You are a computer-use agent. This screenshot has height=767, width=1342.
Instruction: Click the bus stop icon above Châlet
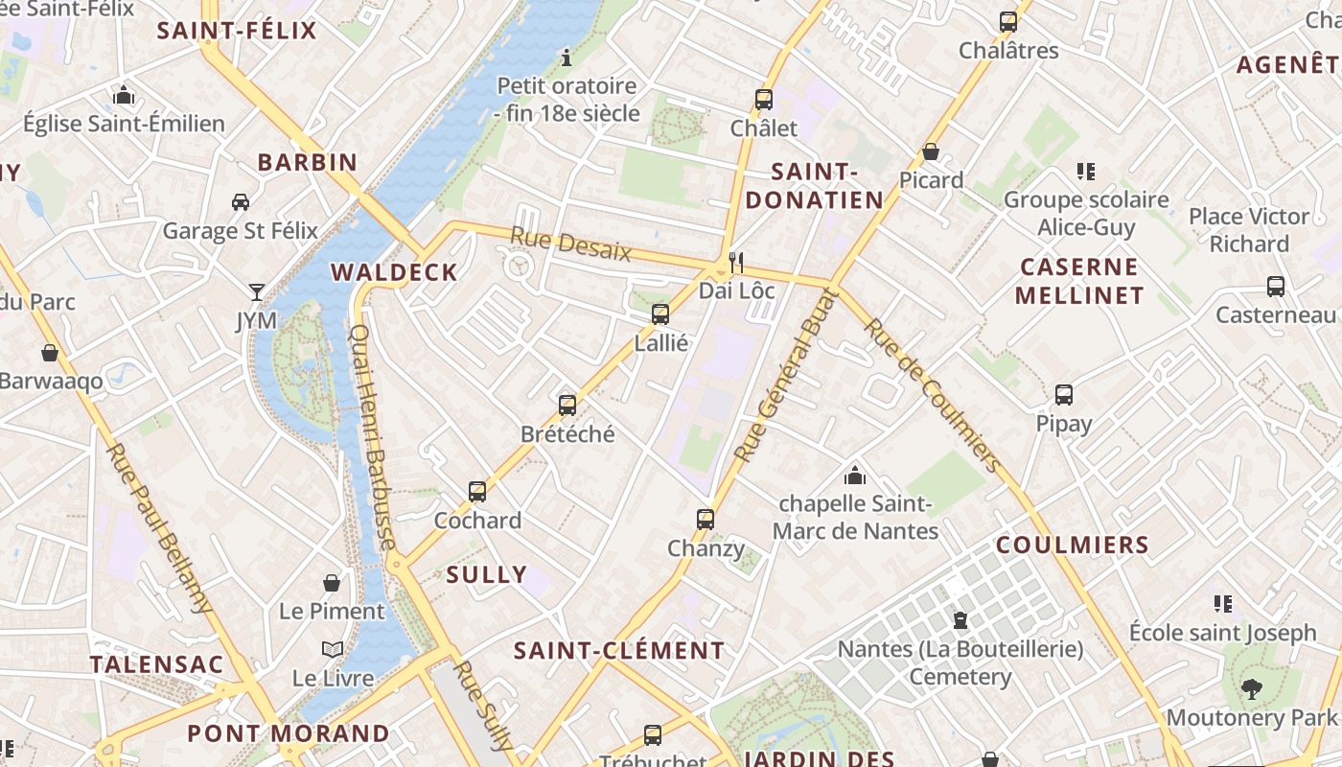763,99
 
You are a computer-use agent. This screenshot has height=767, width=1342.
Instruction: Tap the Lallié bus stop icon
659,314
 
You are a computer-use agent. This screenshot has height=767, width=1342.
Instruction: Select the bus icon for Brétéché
567,405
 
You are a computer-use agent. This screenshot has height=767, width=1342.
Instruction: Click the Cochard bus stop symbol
477,492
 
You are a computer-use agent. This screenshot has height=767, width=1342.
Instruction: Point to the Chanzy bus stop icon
706,520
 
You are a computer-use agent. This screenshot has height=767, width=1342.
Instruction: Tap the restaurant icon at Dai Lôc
736,261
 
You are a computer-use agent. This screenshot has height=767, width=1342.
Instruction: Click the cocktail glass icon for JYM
256,291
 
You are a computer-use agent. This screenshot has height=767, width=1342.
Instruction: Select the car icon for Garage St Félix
240,201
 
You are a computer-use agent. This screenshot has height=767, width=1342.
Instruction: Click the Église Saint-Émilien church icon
124,95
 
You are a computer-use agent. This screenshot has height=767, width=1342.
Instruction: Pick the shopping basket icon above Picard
930,151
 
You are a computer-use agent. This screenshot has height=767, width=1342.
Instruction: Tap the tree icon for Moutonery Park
1250,688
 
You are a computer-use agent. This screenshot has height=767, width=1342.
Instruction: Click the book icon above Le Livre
333,649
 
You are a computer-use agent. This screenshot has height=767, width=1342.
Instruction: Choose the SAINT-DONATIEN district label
814,186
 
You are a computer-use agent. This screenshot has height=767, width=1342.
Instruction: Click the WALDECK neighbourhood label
394,272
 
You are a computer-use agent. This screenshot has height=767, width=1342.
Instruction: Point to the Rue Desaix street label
570,244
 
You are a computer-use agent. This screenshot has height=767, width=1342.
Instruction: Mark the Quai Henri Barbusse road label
374,437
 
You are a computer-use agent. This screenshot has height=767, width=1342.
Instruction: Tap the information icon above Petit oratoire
567,58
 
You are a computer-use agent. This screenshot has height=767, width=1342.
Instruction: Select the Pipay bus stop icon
1063,395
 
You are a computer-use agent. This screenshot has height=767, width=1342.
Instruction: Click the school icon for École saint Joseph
1222,604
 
